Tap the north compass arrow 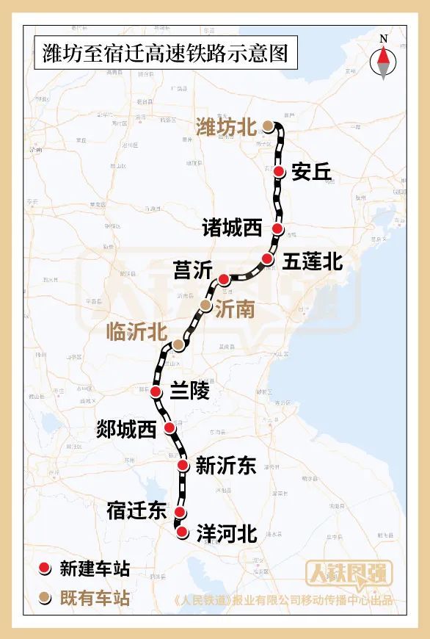click(383, 61)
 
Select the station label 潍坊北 click(225, 126)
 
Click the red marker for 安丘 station click(280, 171)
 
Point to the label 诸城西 click(233, 228)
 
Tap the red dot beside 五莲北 click(267, 259)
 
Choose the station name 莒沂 click(192, 270)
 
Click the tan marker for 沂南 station click(206, 305)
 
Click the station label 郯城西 click(127, 430)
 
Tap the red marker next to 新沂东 click(183, 465)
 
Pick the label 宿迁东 click(136, 510)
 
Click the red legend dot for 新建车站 click(45, 568)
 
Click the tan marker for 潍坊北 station click(269, 126)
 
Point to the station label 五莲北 click(313, 261)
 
